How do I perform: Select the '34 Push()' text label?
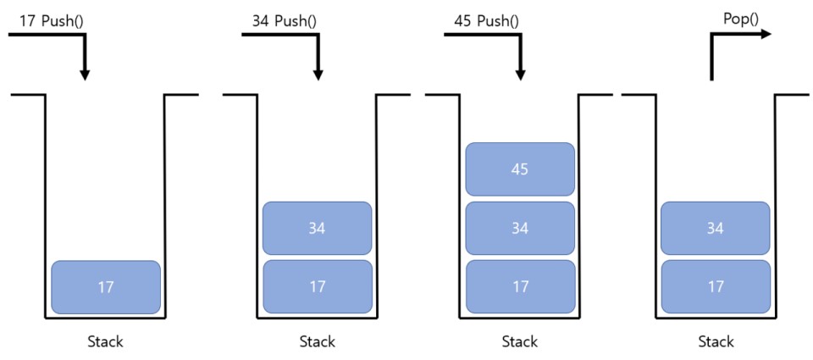(285, 19)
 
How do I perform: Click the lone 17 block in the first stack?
(106, 287)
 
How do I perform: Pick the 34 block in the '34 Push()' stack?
(318, 228)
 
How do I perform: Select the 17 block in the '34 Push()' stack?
(318, 287)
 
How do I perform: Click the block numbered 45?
(520, 169)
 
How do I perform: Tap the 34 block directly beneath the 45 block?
(520, 228)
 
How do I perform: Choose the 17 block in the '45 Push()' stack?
(520, 287)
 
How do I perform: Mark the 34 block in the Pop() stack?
(716, 228)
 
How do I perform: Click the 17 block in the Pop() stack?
(716, 287)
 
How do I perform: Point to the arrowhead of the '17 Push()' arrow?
(84, 74)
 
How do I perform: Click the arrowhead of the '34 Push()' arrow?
(318, 74)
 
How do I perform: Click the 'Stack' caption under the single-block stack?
(106, 342)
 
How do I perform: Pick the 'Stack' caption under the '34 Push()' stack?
(318, 342)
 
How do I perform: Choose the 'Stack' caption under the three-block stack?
(520, 342)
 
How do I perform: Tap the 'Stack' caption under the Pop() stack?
(716, 342)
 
